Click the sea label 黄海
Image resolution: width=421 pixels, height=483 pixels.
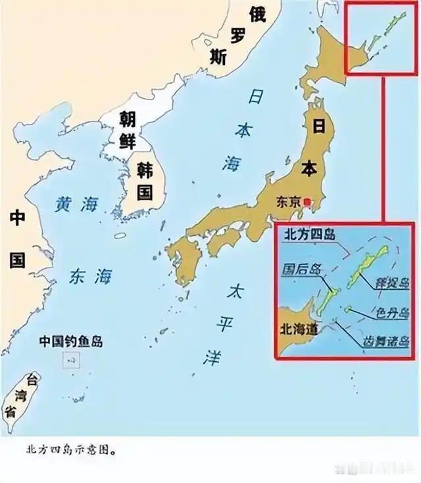[x=76, y=206]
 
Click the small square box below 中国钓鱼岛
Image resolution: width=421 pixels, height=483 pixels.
[x=71, y=360]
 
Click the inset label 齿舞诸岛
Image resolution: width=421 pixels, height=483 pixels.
[x=385, y=341]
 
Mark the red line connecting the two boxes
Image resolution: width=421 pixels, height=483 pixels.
[x=381, y=148]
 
